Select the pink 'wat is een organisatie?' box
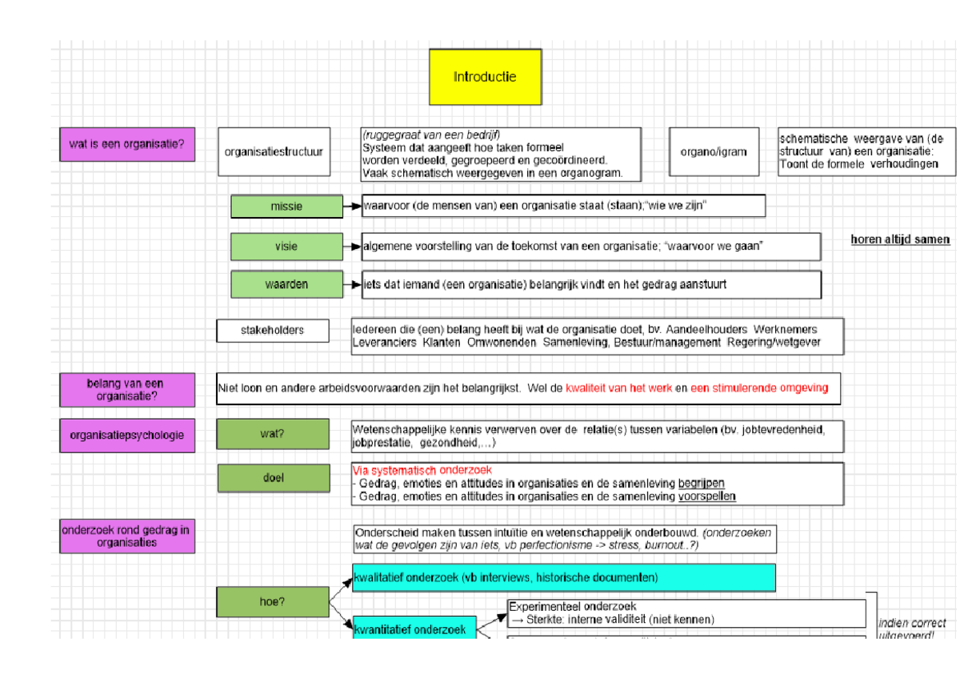coord(126,145)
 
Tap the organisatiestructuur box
coord(274,151)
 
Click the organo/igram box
coord(714,151)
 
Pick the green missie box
coord(286,207)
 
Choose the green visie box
coord(286,247)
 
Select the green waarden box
coord(286,284)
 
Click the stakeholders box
coord(272,330)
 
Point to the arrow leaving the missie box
coord(352,207)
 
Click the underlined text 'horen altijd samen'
coord(900,239)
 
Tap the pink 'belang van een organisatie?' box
coord(126,389)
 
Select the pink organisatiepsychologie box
coord(126,436)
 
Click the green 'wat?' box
coord(272,434)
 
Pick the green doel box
coord(273,478)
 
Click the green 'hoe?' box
coord(272,602)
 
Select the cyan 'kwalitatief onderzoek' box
coord(563,577)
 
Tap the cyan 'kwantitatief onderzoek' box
coord(414,629)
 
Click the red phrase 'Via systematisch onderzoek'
coord(422,470)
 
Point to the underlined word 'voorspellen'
coord(706,496)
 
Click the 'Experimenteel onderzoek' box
coord(686,613)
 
